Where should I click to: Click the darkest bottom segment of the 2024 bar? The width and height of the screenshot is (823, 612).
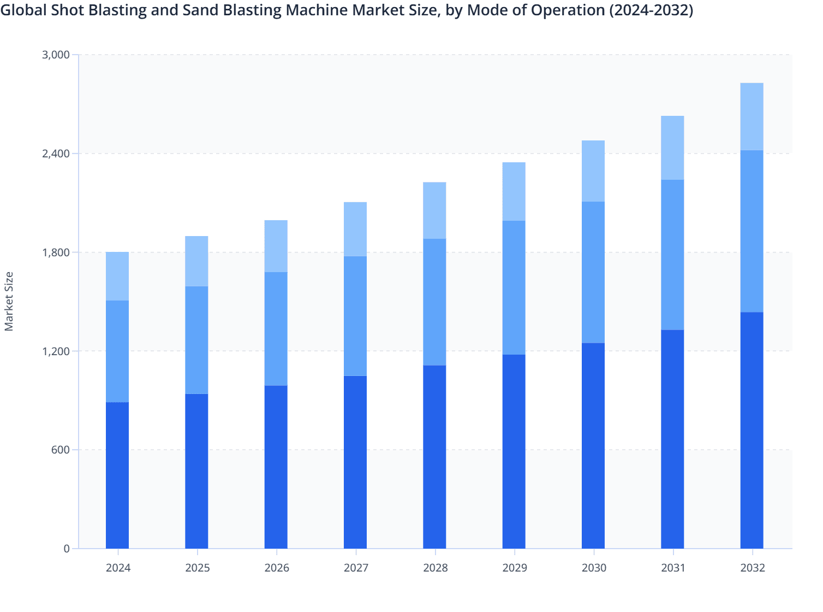(117, 475)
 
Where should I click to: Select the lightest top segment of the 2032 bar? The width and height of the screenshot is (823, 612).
(752, 116)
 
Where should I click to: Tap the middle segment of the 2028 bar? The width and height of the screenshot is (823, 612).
(434, 302)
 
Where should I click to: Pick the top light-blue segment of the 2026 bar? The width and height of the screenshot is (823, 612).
(276, 246)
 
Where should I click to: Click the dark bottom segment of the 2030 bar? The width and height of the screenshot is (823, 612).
(593, 445)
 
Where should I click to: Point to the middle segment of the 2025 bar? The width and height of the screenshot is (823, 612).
(196, 340)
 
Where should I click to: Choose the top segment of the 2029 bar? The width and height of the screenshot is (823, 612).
(514, 191)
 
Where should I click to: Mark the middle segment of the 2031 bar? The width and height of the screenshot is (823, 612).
(672, 255)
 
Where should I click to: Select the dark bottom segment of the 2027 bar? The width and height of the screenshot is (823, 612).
(355, 462)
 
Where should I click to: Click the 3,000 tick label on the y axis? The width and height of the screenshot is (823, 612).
(56, 55)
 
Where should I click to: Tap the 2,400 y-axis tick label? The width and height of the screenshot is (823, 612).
(56, 154)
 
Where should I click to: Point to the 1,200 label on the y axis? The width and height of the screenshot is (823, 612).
(56, 351)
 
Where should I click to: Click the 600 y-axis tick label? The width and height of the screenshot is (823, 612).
(61, 450)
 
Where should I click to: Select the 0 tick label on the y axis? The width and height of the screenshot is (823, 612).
(67, 549)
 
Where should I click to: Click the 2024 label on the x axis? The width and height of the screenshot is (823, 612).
(118, 568)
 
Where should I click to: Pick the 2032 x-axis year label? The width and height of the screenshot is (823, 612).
(753, 568)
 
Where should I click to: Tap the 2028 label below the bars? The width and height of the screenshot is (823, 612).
(435, 568)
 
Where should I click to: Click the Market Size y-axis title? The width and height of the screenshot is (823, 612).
(9, 301)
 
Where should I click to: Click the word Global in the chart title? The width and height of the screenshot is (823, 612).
(21, 10)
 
